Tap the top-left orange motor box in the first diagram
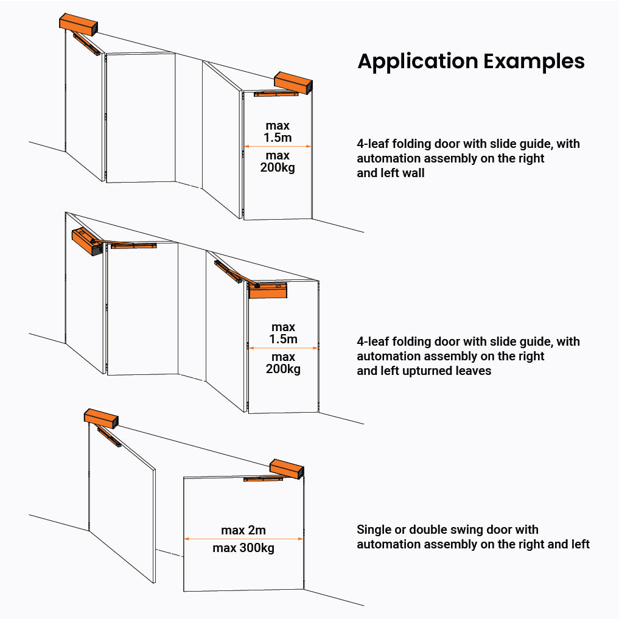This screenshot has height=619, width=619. coord(79,24)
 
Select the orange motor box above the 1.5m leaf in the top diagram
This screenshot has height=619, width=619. coord(293,82)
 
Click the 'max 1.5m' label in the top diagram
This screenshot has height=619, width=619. coord(278,132)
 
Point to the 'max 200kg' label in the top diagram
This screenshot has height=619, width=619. coord(278,161)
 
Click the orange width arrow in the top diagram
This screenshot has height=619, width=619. coord(278,146)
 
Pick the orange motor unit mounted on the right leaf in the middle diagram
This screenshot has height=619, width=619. coord(268,290)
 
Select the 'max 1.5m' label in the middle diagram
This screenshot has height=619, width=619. coord(284,333)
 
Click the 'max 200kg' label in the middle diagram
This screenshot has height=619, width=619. coord(284,363)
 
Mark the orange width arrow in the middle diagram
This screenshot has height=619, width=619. coord(284,348)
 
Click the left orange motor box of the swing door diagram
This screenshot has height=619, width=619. coord(101,418)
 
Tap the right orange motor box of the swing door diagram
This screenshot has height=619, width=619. coord(287,468)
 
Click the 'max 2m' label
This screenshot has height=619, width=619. coord(243,530)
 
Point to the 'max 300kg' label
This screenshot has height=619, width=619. coord(243,548)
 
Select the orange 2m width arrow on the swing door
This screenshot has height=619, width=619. coord(243,539)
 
